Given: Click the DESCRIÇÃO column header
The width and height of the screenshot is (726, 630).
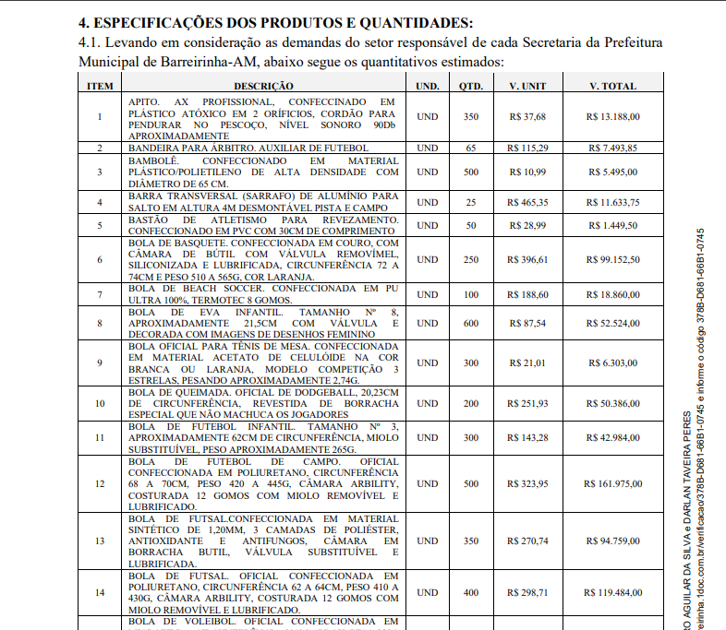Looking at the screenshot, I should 263,86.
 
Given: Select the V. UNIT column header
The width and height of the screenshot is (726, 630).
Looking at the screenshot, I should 527,86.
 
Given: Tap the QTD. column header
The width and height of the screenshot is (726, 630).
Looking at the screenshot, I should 471,86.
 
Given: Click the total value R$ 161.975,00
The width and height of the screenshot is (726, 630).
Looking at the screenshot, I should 613,483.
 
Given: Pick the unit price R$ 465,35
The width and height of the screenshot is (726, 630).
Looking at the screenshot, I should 527,202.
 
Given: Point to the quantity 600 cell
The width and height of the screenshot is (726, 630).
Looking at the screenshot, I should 471,324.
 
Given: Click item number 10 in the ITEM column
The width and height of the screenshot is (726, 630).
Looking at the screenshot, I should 100,403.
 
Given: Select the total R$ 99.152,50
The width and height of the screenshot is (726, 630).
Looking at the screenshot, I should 613,260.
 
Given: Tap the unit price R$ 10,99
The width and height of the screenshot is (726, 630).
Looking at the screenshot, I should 527,172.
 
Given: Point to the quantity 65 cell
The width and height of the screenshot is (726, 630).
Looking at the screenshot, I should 471,148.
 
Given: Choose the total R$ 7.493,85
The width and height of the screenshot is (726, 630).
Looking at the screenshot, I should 613,148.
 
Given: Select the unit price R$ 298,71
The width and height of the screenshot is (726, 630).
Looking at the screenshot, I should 527,592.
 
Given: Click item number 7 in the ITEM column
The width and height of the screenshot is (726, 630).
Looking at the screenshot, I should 100,294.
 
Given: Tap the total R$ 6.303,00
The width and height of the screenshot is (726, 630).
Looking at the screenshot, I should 613,363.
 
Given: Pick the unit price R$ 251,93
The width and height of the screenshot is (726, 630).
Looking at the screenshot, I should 527,403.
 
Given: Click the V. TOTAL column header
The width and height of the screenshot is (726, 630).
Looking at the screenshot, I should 613,86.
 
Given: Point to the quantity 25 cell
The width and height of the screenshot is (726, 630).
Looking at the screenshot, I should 471,202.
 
